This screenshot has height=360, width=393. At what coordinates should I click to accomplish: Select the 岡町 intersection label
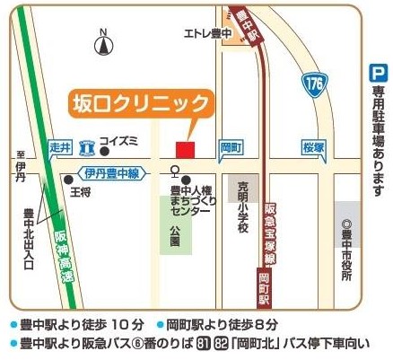coord(231,145)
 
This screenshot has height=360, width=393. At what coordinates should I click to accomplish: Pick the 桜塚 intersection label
coord(312,145)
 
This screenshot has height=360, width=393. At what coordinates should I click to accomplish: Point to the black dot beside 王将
coord(68,180)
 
